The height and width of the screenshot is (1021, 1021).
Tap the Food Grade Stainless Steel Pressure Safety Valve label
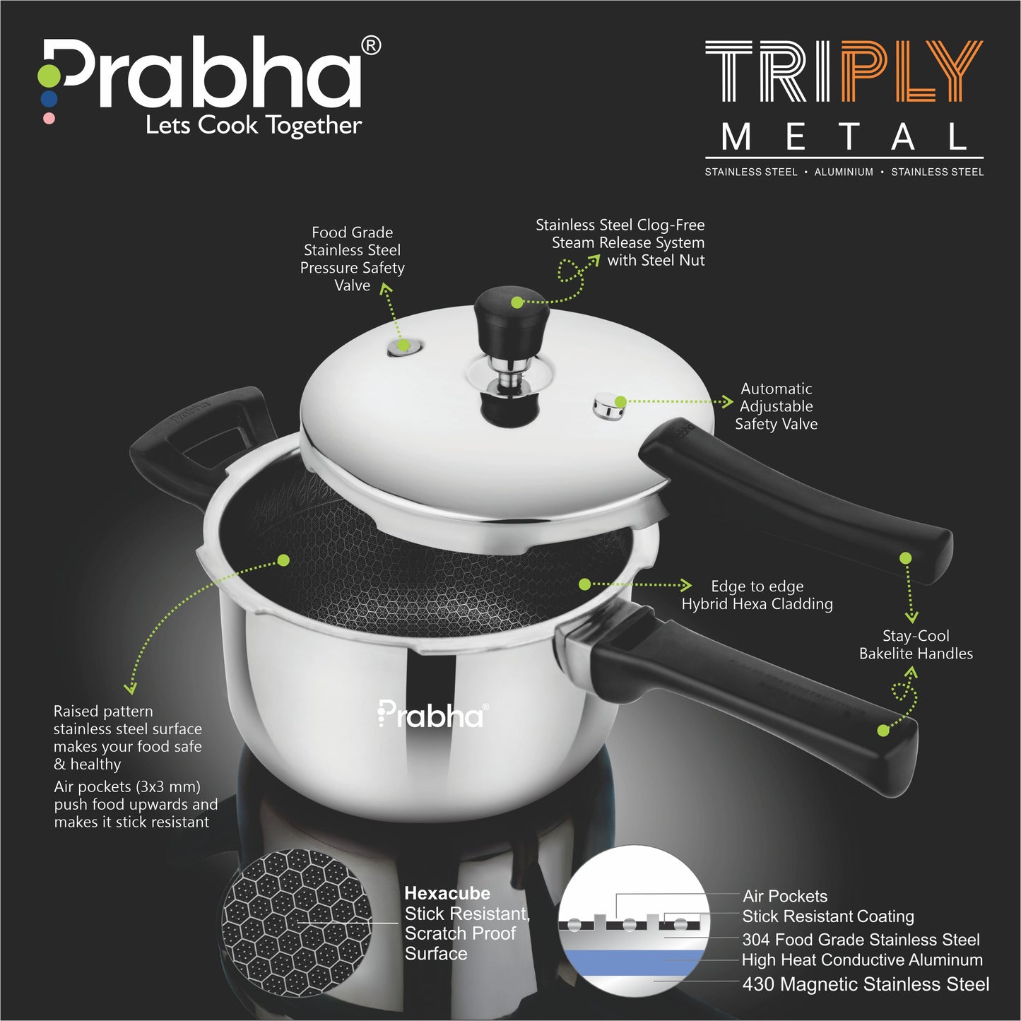coord(352,259)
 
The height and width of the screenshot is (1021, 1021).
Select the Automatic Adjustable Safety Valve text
coord(776,406)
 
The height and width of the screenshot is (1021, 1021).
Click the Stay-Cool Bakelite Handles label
coord(916,644)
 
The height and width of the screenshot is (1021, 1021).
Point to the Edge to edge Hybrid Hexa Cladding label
coord(757,595)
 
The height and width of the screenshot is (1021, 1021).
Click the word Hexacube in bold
coord(447,893)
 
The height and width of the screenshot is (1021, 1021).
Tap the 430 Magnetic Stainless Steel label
coord(866,984)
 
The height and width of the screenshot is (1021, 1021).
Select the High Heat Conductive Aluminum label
coord(862,960)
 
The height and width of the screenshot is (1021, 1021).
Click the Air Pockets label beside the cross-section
coord(785,897)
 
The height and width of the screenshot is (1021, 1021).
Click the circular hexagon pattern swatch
coord(296,922)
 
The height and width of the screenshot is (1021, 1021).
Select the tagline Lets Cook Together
coord(254,125)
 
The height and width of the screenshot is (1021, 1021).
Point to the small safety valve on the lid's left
coord(405,346)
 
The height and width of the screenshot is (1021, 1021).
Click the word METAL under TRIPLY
coord(844,137)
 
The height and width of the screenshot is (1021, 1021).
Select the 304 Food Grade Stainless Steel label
coord(861,940)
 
